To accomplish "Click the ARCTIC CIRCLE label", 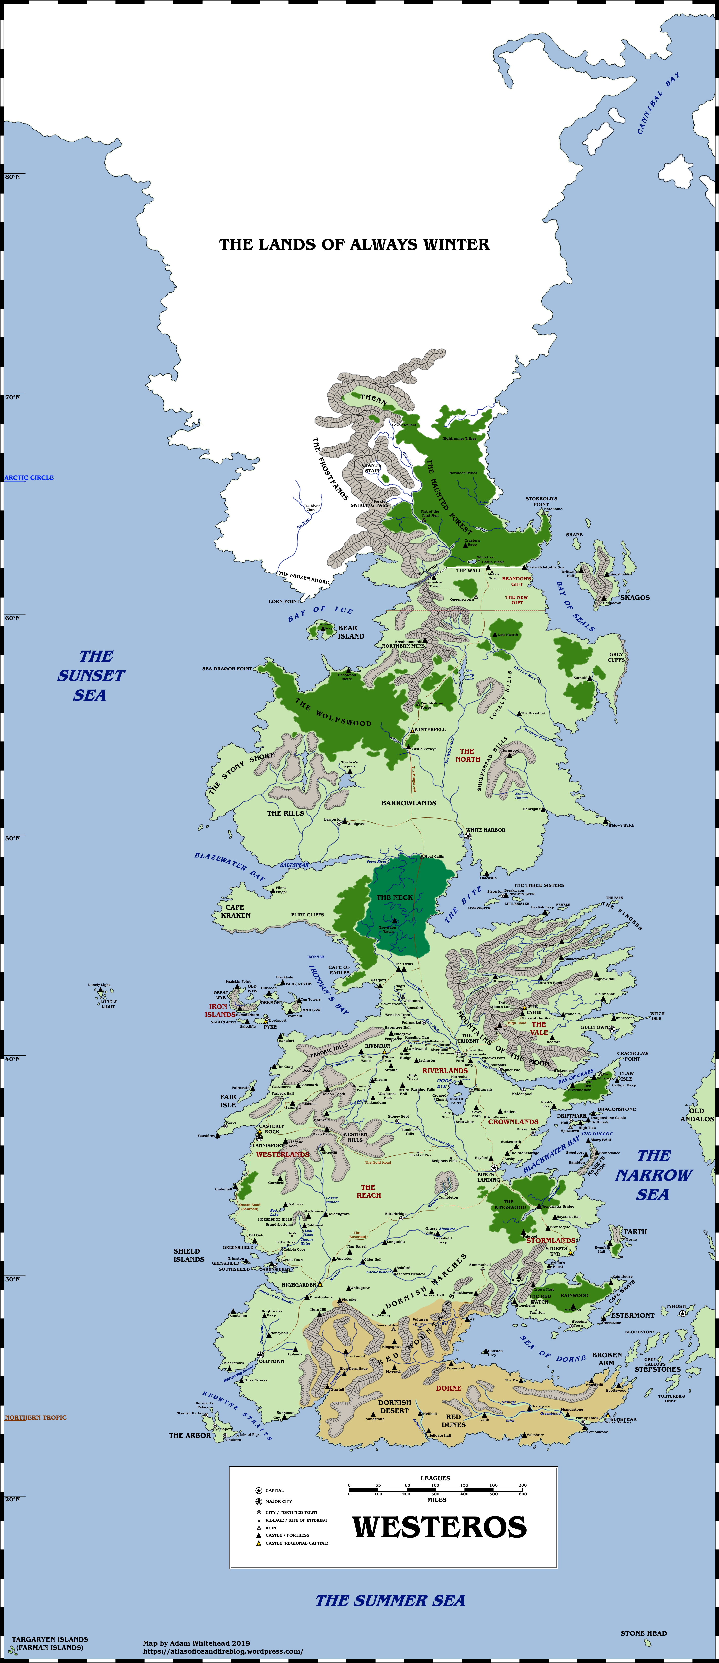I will [x=29, y=478].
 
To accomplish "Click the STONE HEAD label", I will [x=643, y=1633].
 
